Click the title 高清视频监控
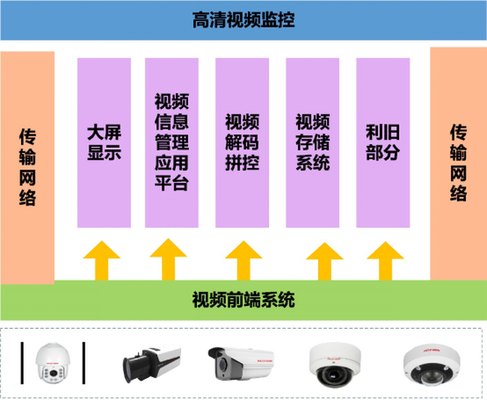click(243, 20)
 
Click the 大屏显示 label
click(104, 142)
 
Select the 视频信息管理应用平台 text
click(172, 142)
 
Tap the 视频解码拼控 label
click(242, 142)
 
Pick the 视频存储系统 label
click(312, 142)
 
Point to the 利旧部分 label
click(383, 142)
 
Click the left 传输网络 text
click(27, 167)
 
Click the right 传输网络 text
click(459, 162)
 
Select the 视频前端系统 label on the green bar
click(243, 300)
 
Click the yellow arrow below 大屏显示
click(102, 261)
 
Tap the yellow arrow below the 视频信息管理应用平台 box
click(168, 259)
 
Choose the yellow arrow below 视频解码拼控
click(243, 261)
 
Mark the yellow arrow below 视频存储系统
click(325, 261)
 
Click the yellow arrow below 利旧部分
click(386, 261)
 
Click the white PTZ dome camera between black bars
click(53, 363)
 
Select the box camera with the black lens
click(152, 364)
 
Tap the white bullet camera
click(241, 363)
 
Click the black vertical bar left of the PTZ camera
click(22, 363)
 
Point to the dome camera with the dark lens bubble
click(335, 365)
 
